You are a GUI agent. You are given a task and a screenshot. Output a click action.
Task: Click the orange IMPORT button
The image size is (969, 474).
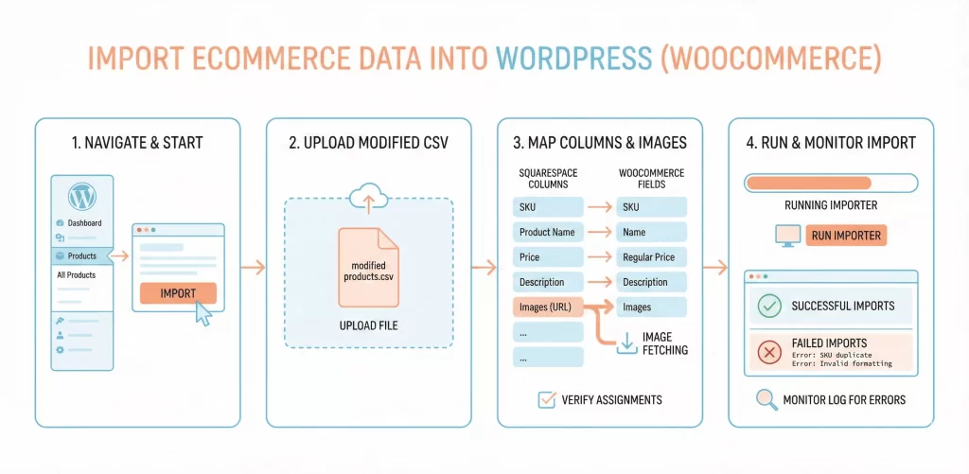[178, 293]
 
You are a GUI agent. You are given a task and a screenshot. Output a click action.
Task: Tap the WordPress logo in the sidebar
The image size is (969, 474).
[81, 198]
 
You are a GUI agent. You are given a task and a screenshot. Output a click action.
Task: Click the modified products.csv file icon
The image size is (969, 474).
[369, 266]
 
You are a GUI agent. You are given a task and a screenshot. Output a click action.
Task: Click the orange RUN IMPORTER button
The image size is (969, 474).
[846, 236]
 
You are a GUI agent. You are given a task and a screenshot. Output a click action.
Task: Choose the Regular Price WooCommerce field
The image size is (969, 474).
[652, 257]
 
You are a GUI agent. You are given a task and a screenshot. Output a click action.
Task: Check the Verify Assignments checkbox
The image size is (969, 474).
[546, 399]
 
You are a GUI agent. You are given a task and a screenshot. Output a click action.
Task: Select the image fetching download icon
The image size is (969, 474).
[625, 343]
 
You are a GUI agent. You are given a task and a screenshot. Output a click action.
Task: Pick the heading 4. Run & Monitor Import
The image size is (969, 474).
[830, 143]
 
